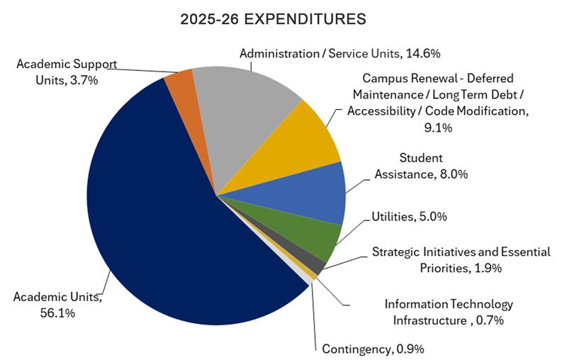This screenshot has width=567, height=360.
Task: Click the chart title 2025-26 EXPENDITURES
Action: point(273,20)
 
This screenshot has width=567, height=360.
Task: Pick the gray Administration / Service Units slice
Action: point(241,106)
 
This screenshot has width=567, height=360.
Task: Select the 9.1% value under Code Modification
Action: point(437,128)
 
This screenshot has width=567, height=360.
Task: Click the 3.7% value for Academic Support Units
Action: point(84,81)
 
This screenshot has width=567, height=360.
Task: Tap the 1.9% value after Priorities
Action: point(488,268)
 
